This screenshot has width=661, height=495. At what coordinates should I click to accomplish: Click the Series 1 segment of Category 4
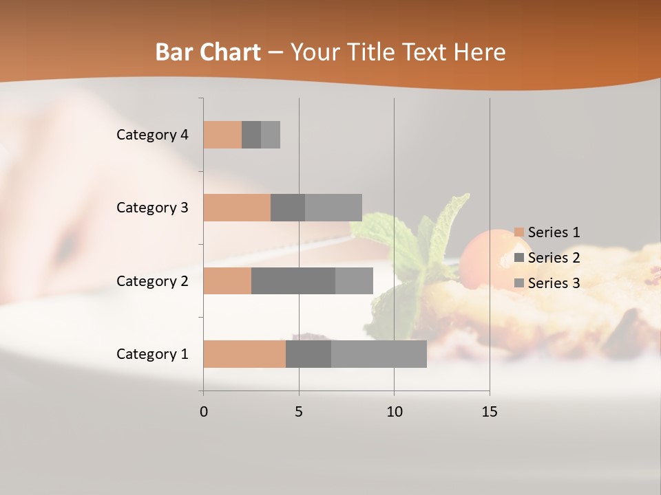222,135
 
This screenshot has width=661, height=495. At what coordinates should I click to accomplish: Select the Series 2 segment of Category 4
251,135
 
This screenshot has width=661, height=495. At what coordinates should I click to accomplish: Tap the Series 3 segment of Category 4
271,135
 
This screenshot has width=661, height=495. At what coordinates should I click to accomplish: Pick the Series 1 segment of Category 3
237,208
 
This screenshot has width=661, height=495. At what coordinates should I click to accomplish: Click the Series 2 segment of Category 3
288,208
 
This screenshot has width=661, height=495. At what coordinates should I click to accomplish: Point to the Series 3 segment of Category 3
333,208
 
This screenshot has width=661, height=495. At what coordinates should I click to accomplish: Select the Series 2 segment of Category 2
293,280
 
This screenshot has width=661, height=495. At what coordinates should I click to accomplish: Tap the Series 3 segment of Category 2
354,280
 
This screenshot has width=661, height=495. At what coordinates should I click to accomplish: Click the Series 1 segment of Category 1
244,354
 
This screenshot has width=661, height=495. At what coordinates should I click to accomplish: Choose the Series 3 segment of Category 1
379,354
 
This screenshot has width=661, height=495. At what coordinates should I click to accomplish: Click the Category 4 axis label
152,135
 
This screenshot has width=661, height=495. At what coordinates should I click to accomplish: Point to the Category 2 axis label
152,281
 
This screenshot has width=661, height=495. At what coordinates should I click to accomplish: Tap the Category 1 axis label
152,354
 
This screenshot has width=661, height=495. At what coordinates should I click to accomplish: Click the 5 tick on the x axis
299,412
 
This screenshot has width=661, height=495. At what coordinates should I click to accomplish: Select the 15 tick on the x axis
490,412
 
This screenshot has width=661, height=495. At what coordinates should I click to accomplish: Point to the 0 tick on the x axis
204,412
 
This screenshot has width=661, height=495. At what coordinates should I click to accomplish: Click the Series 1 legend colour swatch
519,232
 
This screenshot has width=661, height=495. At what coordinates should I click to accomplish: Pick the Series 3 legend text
554,283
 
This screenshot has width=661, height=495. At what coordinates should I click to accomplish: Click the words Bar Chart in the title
207,52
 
